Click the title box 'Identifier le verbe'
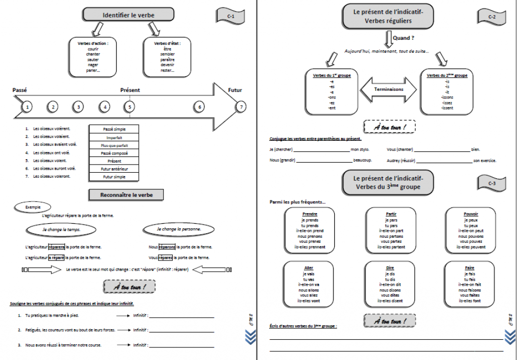128,15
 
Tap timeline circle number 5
130,107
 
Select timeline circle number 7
242,107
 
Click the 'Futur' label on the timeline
235,90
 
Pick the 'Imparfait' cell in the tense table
114,137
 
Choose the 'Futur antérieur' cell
114,169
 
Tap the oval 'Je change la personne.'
179,229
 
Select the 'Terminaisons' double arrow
389,89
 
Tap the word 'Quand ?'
404,38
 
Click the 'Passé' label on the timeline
20,90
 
